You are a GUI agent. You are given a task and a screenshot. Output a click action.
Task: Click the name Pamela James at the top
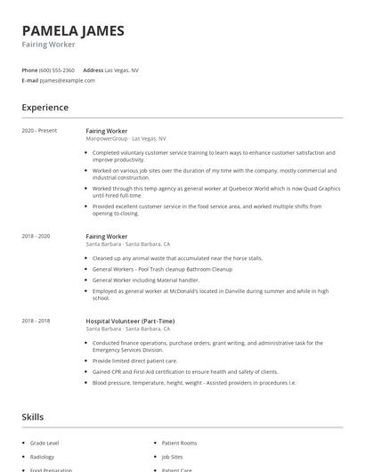tap(73, 30)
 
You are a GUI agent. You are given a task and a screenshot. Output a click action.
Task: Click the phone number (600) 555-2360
tap(57, 69)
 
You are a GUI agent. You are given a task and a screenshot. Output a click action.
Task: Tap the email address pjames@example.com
tap(68, 80)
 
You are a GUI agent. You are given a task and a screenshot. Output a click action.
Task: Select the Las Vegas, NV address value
tap(122, 69)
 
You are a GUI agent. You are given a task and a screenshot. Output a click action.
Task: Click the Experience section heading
tap(45, 108)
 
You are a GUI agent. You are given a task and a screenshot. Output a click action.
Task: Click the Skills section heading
tap(33, 416)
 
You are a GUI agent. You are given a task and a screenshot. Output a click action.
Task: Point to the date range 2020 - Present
tap(40, 131)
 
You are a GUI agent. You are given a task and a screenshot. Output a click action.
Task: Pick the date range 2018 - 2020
tap(36, 236)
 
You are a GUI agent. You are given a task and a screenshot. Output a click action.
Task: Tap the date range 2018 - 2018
tap(36, 321)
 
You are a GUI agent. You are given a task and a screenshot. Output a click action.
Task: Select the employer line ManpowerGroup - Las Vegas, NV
tap(126, 139)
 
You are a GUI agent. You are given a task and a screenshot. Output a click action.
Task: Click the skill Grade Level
tap(45, 442)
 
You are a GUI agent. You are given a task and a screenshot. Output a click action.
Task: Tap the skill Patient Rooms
tap(179, 442)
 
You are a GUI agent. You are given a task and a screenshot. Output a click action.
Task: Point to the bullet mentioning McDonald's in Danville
tap(210, 294)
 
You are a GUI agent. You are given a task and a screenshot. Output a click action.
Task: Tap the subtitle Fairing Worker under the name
tap(49, 44)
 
